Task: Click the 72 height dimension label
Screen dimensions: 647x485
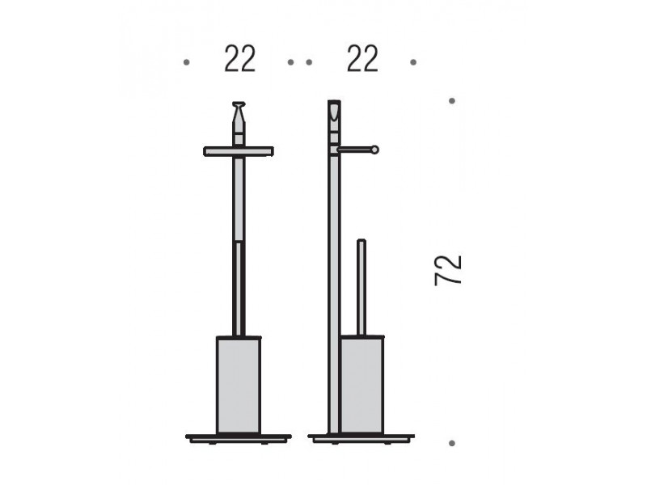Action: [x=448, y=270]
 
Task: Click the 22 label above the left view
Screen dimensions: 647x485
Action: [x=239, y=59]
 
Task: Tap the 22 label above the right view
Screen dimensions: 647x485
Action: [x=362, y=59]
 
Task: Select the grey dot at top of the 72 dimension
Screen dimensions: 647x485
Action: [x=452, y=100]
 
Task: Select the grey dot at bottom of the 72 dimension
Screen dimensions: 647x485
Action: [x=452, y=443]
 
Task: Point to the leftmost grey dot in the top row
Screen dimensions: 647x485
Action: [x=187, y=62]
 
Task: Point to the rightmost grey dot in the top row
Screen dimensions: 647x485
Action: [x=413, y=62]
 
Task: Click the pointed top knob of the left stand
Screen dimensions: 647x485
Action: [x=239, y=112]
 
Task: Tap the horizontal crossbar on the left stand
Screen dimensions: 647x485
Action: [x=239, y=151]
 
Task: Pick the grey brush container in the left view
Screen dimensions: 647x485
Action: [x=239, y=386]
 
